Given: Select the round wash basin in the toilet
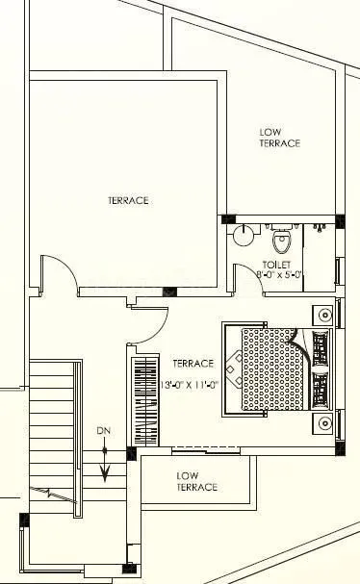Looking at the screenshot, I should pyautogui.click(x=245, y=232).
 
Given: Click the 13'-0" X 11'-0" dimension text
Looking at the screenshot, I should pyautogui.click(x=191, y=377).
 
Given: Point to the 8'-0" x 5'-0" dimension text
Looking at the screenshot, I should pyautogui.click(x=279, y=275).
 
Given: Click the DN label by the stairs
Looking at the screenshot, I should pyautogui.click(x=104, y=429).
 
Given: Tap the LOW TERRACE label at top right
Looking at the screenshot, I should pyautogui.click(x=280, y=137).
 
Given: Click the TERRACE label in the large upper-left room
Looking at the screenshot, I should pyautogui.click(x=127, y=200).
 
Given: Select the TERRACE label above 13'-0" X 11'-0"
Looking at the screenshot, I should pyautogui.click(x=192, y=364).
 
